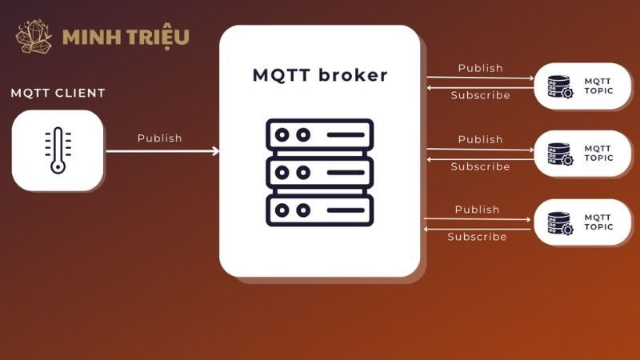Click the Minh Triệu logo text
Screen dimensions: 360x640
pos(126,37)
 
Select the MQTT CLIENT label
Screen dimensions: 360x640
pos(58,93)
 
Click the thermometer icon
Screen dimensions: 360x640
pos(58,150)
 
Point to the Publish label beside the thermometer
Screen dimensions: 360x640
pos(160,138)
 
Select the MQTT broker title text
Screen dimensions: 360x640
pos(320,76)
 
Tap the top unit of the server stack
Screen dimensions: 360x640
pos(320,134)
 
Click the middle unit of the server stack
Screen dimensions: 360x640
pos(320,172)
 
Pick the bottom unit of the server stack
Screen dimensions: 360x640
pos(320,210)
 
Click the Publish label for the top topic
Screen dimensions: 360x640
pos(480,68)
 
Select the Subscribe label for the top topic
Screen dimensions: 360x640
pos(480,95)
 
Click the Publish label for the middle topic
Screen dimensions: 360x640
pos(480,139)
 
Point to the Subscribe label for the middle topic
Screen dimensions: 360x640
pos(480,166)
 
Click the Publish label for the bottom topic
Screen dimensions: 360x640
pos(477,210)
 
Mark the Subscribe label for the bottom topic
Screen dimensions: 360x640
pos(477,237)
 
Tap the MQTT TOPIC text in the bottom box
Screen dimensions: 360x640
pos(598,222)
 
